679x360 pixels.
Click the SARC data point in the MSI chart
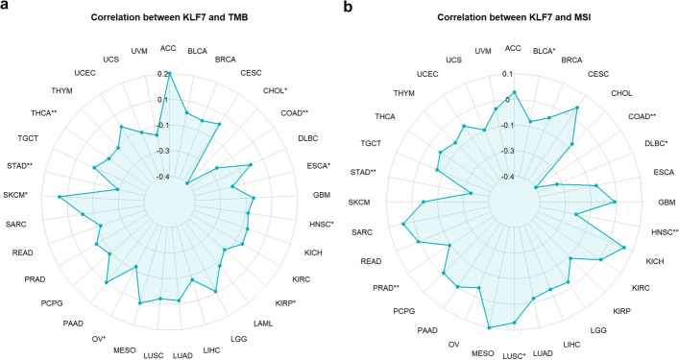coord(403,225)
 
